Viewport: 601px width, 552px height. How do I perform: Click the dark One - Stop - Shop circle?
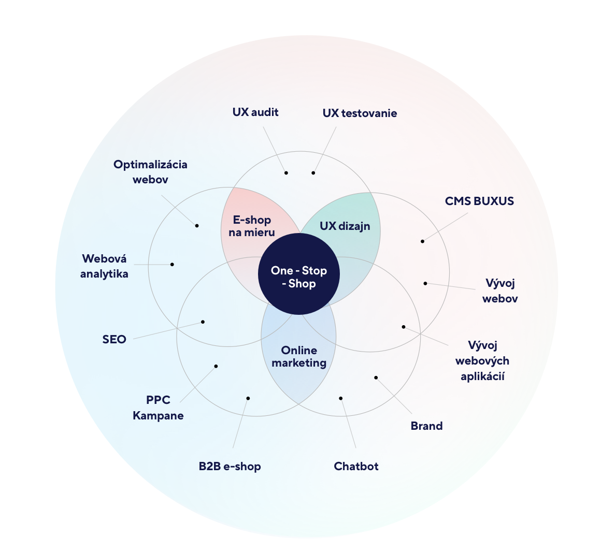(299, 274)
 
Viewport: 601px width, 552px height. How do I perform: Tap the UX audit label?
(255, 112)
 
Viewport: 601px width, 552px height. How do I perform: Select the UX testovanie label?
(360, 113)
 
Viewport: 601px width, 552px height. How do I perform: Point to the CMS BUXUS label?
(479, 201)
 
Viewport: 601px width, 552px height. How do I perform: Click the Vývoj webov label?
(500, 290)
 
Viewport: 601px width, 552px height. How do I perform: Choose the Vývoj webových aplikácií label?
(482, 360)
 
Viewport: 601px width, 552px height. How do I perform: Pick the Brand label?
(426, 426)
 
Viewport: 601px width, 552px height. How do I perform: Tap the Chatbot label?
(356, 466)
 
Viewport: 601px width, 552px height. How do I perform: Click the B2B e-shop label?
(230, 466)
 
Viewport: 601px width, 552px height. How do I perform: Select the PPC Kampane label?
(158, 408)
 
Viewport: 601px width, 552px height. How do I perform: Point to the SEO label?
(114, 339)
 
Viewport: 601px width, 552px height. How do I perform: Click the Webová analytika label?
(104, 266)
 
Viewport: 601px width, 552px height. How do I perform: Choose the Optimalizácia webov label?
(150, 171)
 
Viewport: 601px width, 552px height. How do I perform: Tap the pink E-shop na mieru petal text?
(252, 226)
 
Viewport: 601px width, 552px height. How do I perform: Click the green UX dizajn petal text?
(345, 226)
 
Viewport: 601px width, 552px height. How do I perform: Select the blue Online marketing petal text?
(299, 356)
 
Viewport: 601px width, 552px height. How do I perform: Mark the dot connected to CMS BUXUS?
(422, 241)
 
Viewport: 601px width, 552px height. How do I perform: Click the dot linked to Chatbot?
(341, 398)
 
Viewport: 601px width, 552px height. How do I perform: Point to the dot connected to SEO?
(203, 322)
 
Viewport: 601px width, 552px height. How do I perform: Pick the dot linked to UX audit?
(286, 172)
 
